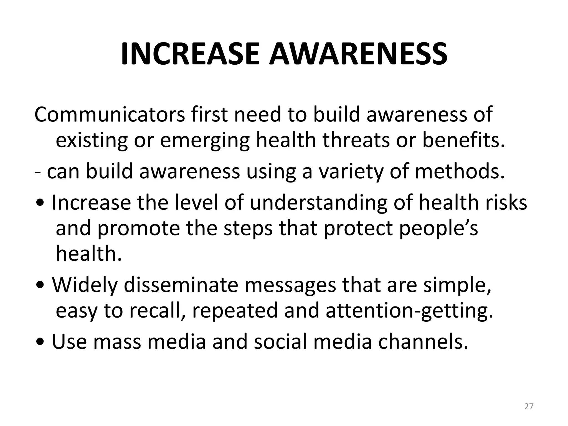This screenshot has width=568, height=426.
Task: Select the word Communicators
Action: point(110,114)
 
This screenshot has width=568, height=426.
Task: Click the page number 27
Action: point(529,407)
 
